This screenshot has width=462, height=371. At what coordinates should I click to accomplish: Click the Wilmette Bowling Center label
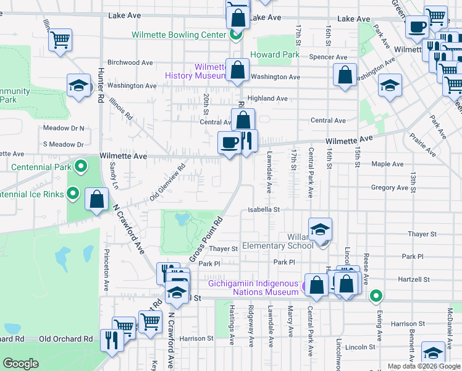point(179,35)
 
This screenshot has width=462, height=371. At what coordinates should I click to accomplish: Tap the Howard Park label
point(275,55)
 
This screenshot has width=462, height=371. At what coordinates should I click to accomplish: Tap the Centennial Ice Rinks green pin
point(72,194)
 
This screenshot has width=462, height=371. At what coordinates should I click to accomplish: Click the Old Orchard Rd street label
point(65,339)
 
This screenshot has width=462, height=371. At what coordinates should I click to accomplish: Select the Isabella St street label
point(264,210)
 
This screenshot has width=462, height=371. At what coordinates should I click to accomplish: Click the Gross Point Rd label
point(205,239)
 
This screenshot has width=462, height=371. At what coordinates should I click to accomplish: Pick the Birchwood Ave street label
point(130,62)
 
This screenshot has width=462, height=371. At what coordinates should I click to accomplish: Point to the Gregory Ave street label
point(387,187)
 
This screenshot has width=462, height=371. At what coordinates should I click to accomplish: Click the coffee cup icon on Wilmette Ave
point(229,143)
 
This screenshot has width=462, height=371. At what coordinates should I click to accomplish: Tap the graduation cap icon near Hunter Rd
point(80,87)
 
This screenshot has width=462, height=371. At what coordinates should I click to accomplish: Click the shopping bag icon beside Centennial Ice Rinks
point(97,200)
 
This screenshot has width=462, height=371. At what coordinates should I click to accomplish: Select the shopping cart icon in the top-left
point(61,41)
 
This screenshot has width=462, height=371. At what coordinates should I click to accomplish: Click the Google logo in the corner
point(20,364)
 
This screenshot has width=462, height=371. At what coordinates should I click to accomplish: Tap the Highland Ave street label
point(267,98)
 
